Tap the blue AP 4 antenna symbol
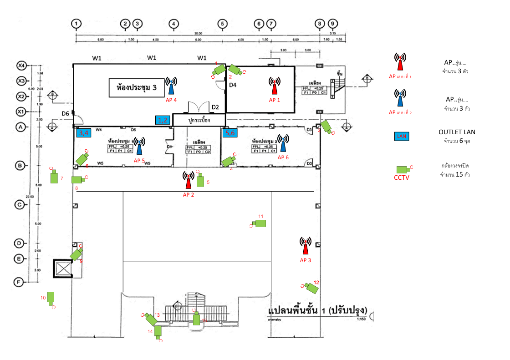tap(171, 86)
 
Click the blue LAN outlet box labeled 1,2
tap(163, 120)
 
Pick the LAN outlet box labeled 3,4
tap(84, 133)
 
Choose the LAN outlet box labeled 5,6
tap(229, 133)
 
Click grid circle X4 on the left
tap(20, 66)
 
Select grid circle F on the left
tap(20, 283)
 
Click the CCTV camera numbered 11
tap(260, 223)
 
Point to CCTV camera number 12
tap(312, 287)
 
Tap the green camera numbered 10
tap(51, 297)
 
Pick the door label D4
tap(233, 85)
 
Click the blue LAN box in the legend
tap(401, 136)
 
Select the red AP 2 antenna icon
tap(188, 180)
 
